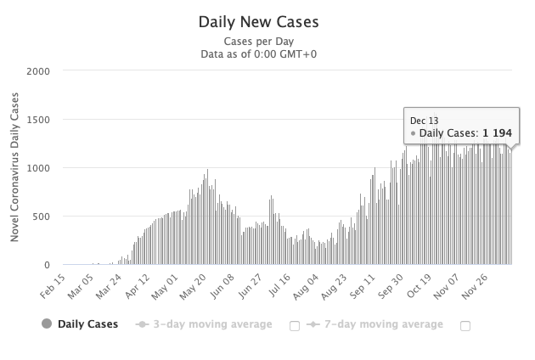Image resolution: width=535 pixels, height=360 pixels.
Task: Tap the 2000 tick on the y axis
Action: pyautogui.click(x=41, y=71)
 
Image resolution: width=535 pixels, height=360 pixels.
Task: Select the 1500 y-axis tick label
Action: pyautogui.click(x=41, y=120)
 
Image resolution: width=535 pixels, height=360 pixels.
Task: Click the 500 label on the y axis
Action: pyautogui.click(x=44, y=217)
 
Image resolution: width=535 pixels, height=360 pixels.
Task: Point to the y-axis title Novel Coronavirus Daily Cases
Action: pyautogui.click(x=15, y=168)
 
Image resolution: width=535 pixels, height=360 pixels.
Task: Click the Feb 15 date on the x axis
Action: pyautogui.click(x=53, y=285)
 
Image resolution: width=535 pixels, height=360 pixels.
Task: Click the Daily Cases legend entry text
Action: pyautogui.click(x=87, y=324)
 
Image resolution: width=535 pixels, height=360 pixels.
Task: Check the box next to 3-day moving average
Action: pyautogui.click(x=294, y=325)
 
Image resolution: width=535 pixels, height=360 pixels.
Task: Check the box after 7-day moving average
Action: pyautogui.click(x=465, y=325)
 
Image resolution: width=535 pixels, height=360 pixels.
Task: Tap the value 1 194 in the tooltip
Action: pyautogui.click(x=496, y=133)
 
